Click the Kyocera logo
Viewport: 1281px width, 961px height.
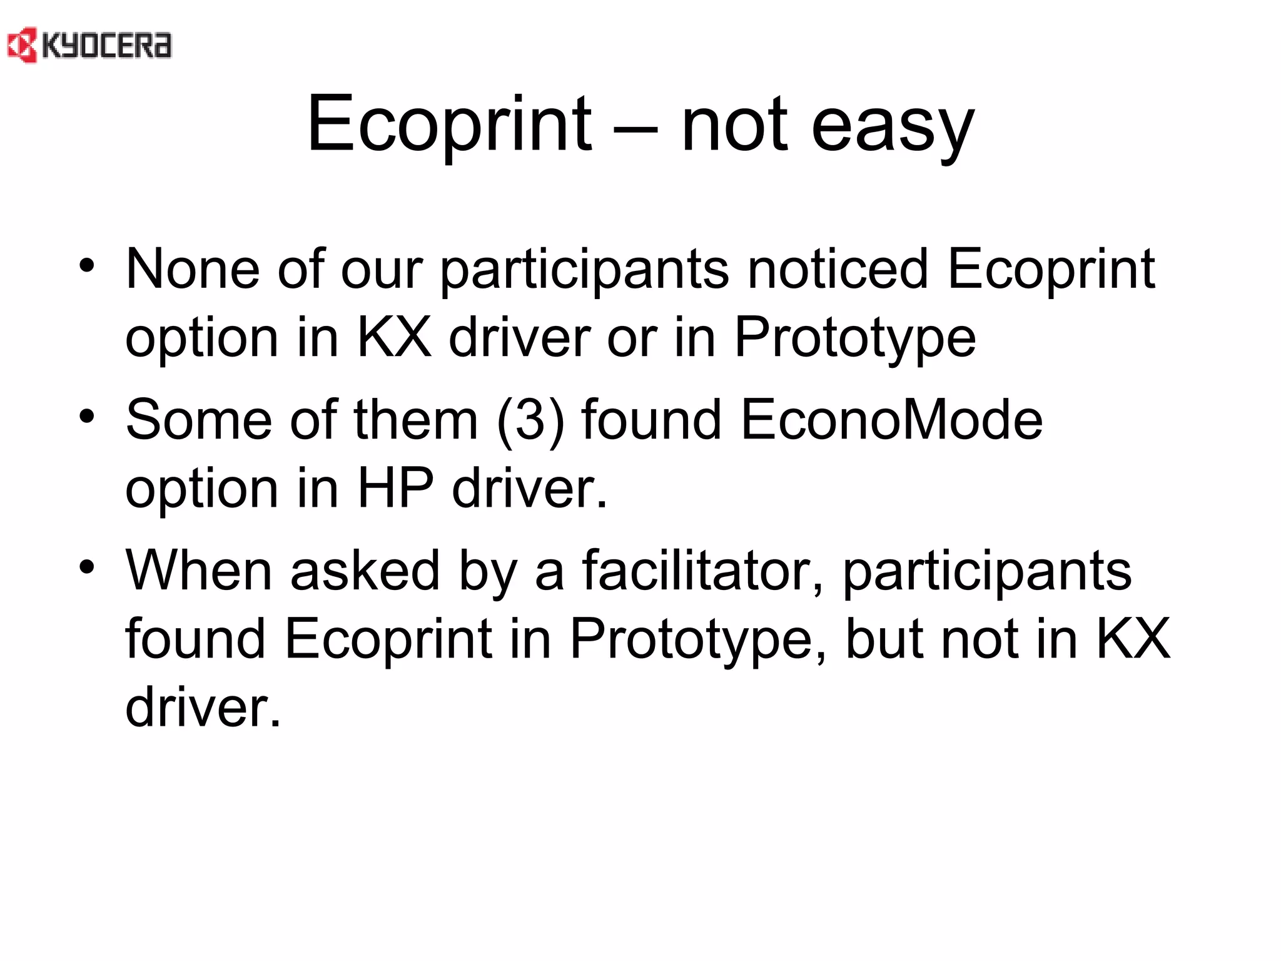coord(89,46)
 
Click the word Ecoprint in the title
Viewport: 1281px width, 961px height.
coord(448,123)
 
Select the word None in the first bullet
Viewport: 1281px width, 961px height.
coord(193,269)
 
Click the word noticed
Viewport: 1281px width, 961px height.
coord(838,269)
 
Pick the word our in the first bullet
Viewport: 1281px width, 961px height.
coord(382,270)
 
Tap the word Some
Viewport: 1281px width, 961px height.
coord(198,420)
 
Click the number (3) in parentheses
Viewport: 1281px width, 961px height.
coord(530,420)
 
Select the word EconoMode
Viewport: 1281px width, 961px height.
coord(891,420)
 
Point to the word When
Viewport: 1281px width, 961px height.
coord(198,571)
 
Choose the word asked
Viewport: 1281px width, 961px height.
coord(365,571)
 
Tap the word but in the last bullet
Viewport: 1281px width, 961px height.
coord(884,639)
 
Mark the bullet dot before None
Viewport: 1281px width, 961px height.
coord(87,266)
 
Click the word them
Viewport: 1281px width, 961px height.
coord(416,420)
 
